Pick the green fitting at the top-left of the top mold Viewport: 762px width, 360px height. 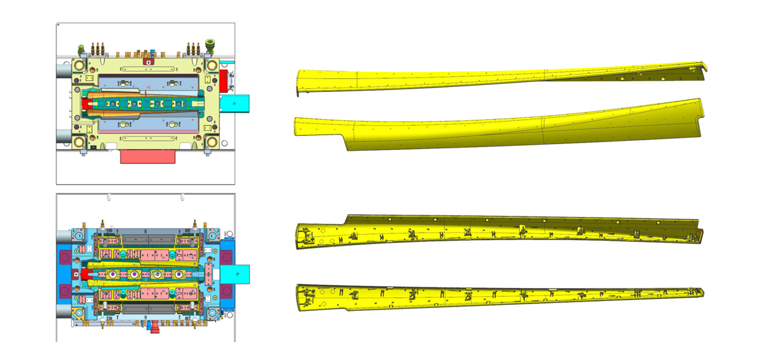click(81, 48)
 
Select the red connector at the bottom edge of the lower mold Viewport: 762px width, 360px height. click(150, 327)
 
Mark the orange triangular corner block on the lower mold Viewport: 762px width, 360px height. click(81, 317)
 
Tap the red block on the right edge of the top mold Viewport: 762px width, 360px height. click(224, 81)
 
